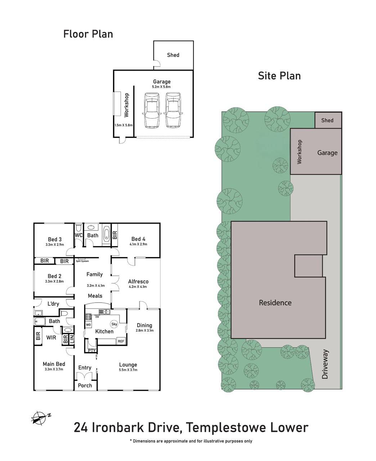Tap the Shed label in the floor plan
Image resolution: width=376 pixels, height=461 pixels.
(x=173, y=55)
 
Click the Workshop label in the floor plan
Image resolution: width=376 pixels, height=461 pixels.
(x=126, y=105)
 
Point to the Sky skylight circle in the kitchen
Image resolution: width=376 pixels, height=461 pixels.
(x=114, y=324)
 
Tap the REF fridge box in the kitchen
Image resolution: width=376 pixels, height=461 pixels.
(x=121, y=341)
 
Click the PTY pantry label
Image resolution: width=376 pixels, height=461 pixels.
(x=91, y=350)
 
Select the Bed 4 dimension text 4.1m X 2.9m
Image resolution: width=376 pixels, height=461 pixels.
(x=138, y=244)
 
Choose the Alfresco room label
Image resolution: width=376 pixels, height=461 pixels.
(x=138, y=282)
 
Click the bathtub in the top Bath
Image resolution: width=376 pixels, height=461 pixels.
(x=106, y=234)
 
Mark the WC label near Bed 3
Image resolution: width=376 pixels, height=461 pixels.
(x=79, y=236)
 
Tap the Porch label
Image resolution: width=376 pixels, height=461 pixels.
(x=85, y=385)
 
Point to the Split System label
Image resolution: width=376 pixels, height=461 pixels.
(x=82, y=261)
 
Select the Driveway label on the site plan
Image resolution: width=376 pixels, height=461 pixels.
(x=326, y=364)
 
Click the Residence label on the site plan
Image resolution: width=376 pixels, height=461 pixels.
(x=275, y=303)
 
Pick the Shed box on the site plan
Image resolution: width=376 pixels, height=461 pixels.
(x=327, y=120)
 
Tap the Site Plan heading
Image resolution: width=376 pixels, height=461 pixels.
(x=279, y=76)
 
